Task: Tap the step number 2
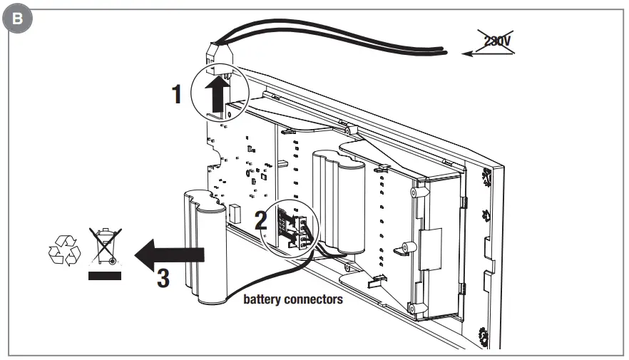coord(261,220)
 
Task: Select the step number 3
coord(163,277)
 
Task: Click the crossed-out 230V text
coord(496,42)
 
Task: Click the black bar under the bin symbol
coord(103,275)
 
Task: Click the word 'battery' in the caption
coord(264,299)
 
